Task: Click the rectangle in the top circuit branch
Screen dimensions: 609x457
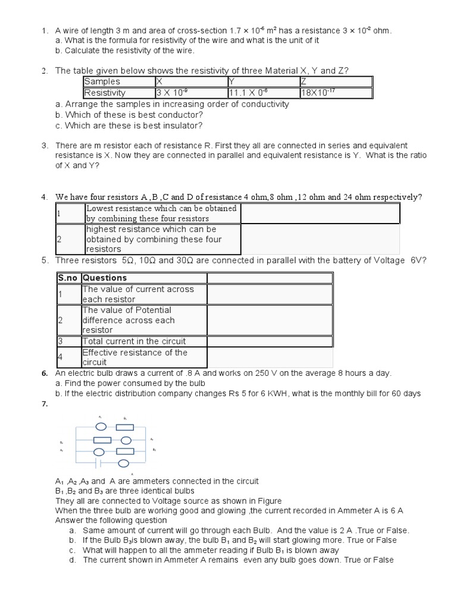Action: [x=125, y=427]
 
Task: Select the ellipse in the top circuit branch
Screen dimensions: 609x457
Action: [x=101, y=427]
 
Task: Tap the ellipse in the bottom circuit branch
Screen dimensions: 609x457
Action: [x=125, y=463]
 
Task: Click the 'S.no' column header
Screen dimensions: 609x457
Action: [x=68, y=278]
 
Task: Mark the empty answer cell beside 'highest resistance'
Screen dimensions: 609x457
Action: [x=320, y=239]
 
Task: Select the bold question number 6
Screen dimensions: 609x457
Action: [x=45, y=373]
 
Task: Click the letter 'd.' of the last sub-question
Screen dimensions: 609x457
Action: [x=72, y=560]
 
